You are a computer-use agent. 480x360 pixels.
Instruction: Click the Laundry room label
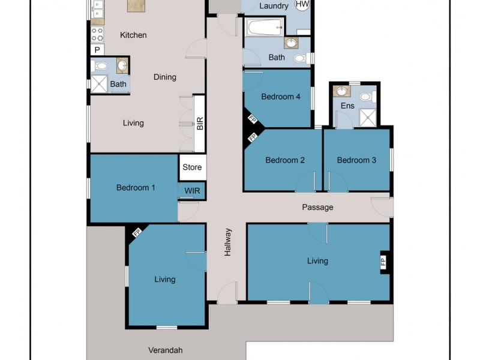(274, 6)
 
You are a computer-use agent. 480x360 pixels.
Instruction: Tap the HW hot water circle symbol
(302, 4)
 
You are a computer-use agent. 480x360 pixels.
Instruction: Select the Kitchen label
(133, 35)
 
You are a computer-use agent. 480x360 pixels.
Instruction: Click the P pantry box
(97, 50)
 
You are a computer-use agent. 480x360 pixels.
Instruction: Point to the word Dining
(164, 77)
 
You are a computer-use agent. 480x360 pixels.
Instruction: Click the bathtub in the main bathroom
(265, 26)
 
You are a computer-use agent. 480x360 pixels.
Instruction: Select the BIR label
(200, 124)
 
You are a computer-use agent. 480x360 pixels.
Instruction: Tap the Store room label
(192, 167)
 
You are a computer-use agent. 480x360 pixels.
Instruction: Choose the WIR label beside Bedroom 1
(192, 191)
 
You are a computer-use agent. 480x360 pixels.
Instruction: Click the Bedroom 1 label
(136, 188)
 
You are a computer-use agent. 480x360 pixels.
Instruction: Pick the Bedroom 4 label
(281, 97)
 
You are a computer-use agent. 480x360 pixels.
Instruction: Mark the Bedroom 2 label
(285, 160)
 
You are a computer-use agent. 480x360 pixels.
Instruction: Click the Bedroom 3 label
(356, 160)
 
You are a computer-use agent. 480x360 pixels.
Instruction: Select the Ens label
(347, 106)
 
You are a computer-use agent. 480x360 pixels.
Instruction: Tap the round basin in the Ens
(342, 92)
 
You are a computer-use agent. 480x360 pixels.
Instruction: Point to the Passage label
(317, 208)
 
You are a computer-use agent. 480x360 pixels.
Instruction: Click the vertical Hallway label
(228, 242)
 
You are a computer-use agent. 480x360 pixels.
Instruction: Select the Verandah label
(165, 350)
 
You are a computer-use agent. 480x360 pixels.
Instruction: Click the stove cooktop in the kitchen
(97, 34)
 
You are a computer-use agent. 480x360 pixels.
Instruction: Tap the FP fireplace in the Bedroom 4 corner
(253, 120)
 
